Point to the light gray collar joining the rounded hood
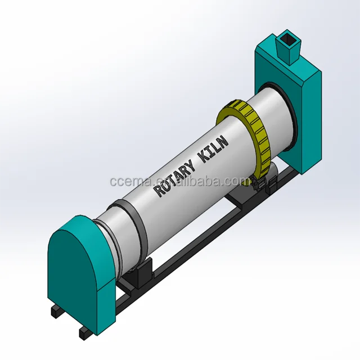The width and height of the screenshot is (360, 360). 103,236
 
